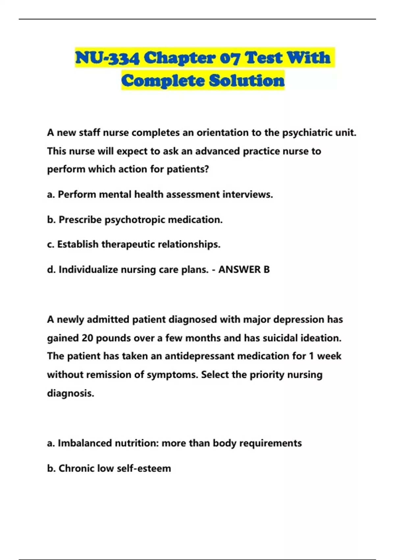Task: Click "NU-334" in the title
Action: [107, 58]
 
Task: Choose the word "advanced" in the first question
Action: [217, 151]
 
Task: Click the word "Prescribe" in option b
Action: [80, 220]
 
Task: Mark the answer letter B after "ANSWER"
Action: [266, 270]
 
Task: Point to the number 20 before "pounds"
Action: [88, 338]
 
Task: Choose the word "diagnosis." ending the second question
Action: [70, 393]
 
